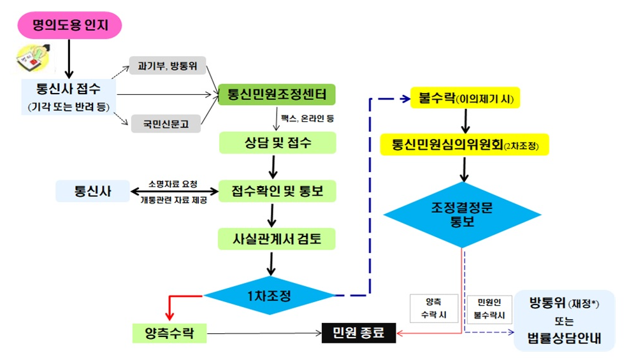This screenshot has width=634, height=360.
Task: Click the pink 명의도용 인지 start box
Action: pos(68,25)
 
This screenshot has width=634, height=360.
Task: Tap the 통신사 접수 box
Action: pos(69,96)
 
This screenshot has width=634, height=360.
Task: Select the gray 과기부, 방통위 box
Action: pos(164,64)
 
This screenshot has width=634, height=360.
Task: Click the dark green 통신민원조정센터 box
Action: pos(277,96)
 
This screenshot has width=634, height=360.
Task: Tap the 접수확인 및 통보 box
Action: pos(277,190)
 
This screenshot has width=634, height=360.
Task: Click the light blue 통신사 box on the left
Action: pos(92,191)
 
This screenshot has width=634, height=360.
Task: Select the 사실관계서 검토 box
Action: pos(277,238)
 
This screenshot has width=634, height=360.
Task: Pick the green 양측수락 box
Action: pos(169,332)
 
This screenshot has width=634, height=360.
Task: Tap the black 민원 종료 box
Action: pos(358,332)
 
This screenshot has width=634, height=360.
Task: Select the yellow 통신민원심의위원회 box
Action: pos(465,145)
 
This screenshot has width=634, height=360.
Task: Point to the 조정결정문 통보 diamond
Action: pos(463,213)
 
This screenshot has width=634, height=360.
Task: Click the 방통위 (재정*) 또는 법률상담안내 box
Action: pos(564,320)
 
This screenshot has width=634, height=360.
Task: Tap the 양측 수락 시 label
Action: pos(433,308)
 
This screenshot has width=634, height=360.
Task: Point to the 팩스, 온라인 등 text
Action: pos(307,119)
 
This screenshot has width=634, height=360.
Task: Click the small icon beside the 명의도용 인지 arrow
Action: pos(29,61)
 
